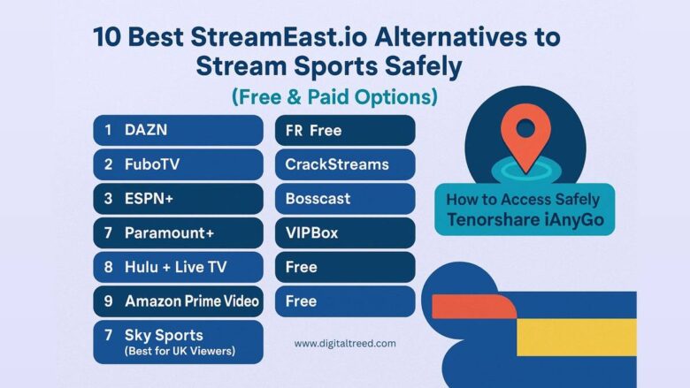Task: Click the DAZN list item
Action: coord(178,130)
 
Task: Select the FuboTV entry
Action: coord(178,164)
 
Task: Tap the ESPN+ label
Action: coord(178,199)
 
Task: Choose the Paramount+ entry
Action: coord(178,233)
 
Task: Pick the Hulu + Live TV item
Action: coord(178,267)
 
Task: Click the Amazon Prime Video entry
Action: coord(178,301)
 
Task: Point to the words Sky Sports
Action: coord(164,335)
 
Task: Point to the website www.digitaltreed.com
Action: coord(345,344)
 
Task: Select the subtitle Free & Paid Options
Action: coord(335,95)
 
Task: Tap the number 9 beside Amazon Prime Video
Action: coord(108,301)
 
